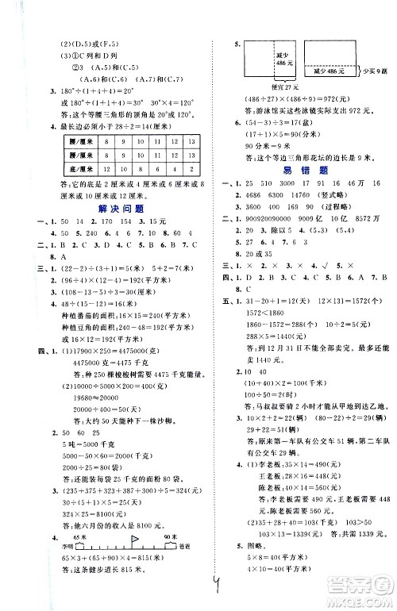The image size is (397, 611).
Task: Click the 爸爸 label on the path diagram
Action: [x=186, y=549]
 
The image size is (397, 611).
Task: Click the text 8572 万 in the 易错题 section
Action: [x=366, y=217]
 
